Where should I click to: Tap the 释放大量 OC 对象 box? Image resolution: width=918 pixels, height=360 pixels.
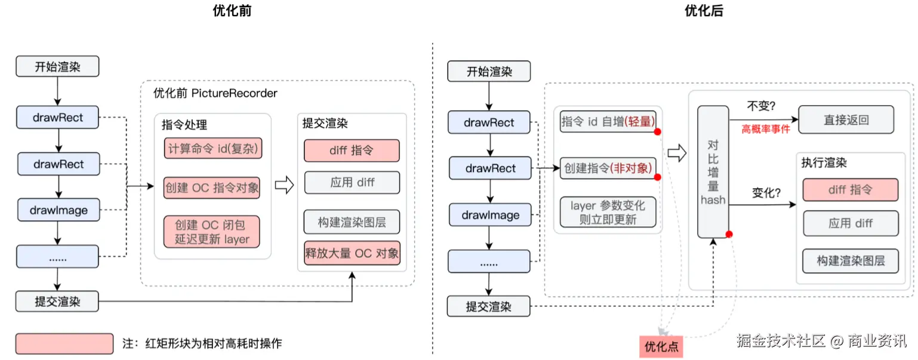pos(352,253)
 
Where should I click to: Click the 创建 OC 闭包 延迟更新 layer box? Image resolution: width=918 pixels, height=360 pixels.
pos(211,232)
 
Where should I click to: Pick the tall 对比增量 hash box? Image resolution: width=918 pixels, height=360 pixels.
pos(713,172)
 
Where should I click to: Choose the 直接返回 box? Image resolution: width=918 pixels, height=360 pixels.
pos(846,120)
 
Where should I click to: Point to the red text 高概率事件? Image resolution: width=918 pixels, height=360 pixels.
pos(765,129)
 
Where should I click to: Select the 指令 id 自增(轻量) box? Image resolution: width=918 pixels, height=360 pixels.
pos(608,121)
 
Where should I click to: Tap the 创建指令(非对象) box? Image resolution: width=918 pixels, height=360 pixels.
pos(608,168)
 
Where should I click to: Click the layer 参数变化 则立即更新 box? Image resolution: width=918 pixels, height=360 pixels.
pos(608,213)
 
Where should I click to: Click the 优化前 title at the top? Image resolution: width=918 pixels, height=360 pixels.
pos(232,11)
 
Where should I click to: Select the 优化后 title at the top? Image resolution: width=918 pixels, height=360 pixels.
pos(704,11)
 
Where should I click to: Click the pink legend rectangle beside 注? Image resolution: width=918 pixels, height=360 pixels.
pos(64,343)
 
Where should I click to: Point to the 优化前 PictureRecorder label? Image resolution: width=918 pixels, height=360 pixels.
pos(215,93)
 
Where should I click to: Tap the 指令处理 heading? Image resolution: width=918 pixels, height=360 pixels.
pos(184,124)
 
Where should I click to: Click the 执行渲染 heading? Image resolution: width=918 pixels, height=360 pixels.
pos(824,162)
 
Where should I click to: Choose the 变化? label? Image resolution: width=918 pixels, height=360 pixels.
pos(766,193)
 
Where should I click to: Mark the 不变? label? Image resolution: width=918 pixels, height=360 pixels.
pos(760,107)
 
